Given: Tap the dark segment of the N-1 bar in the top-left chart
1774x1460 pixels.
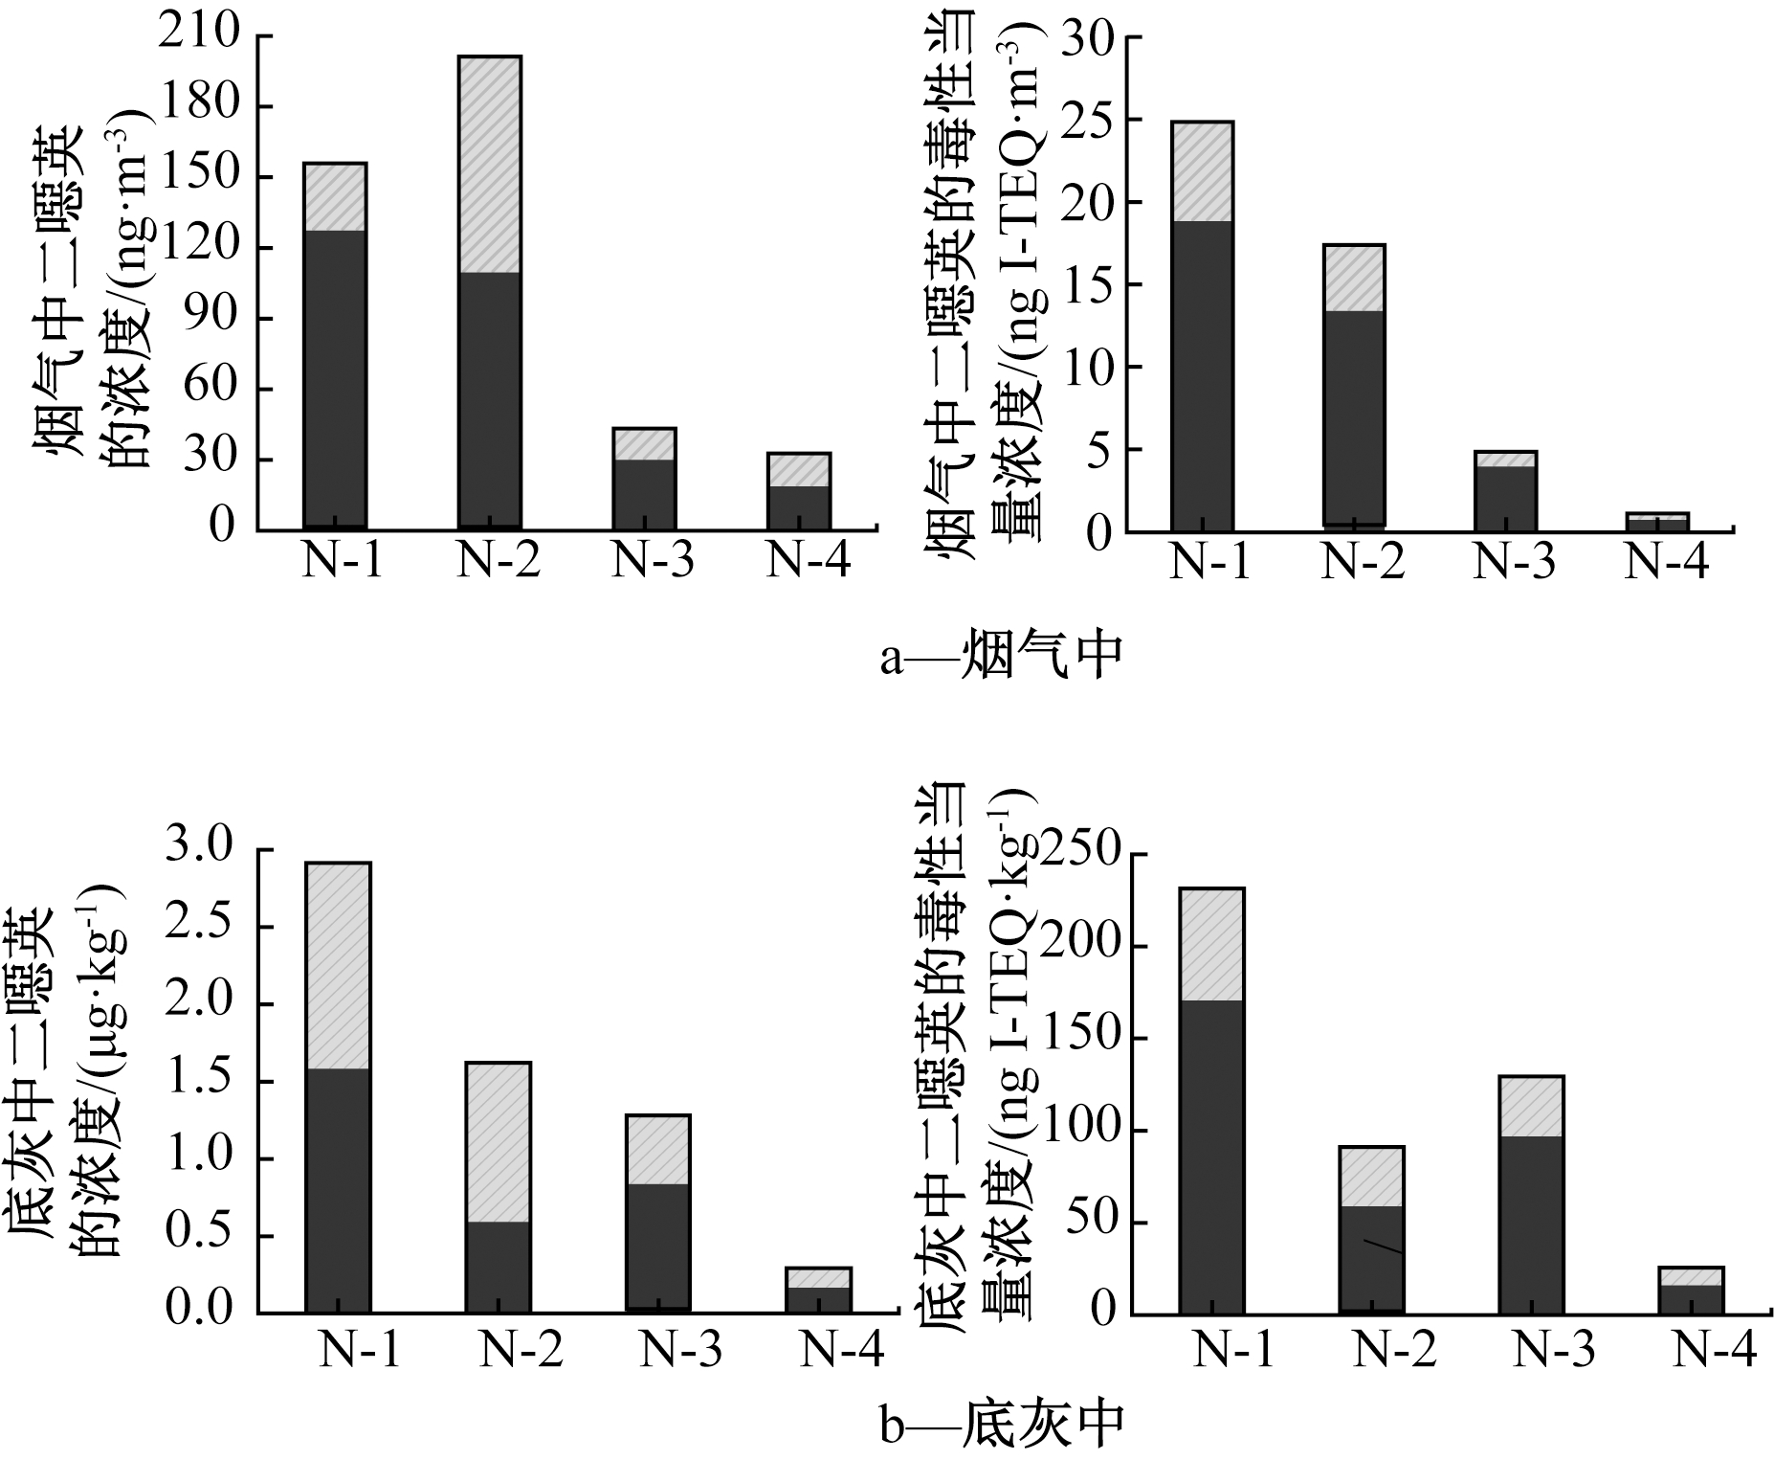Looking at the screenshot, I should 335,378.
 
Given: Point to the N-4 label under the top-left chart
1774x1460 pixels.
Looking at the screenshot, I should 809,561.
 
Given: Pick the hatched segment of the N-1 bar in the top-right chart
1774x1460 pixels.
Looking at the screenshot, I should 1202,171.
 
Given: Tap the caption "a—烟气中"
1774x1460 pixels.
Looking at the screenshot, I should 1000,657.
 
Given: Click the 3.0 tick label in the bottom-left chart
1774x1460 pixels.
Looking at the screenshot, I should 198,848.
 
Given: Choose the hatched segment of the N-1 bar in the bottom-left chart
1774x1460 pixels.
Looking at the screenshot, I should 338,965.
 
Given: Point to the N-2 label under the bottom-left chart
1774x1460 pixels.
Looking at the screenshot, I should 521,1350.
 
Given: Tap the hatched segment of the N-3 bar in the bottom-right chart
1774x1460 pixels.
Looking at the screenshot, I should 1531,1106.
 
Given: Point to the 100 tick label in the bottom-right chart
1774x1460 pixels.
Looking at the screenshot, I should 1081,1129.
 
